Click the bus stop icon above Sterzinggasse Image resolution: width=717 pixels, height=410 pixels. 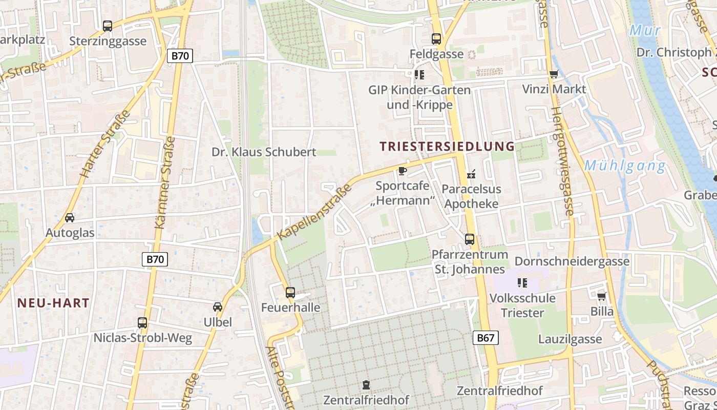coord(108,26)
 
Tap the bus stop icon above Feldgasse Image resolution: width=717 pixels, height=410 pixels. coord(436,39)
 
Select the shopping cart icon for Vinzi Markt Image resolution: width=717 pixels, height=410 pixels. coord(554,75)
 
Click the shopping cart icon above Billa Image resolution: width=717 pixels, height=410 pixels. coord(601,297)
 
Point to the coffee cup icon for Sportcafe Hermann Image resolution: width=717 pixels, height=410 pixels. coord(402,171)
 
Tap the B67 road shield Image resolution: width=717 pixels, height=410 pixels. coord(485,337)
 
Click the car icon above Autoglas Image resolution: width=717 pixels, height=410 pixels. coord(70,218)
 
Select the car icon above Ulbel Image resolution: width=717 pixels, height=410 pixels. coord(218,307)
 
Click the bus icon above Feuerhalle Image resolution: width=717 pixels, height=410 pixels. coord(290,293)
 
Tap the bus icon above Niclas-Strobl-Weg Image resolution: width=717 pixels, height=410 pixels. coord(142,323)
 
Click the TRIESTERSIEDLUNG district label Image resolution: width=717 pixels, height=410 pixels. coord(447,147)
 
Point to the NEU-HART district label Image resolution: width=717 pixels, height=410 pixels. coord(53,303)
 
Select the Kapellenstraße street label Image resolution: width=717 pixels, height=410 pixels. coord(315,212)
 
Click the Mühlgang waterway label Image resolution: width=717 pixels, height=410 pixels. coord(625,166)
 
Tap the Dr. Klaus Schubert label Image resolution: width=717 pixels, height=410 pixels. coord(264,152)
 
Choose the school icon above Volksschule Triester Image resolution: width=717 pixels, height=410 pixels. coord(522,283)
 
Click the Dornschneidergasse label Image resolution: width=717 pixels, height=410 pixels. coord(572,261)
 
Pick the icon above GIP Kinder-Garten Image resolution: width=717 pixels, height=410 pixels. coord(419,75)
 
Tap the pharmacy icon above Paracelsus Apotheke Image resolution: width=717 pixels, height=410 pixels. coord(471,175)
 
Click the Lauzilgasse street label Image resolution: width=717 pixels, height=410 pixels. coord(570,339)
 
